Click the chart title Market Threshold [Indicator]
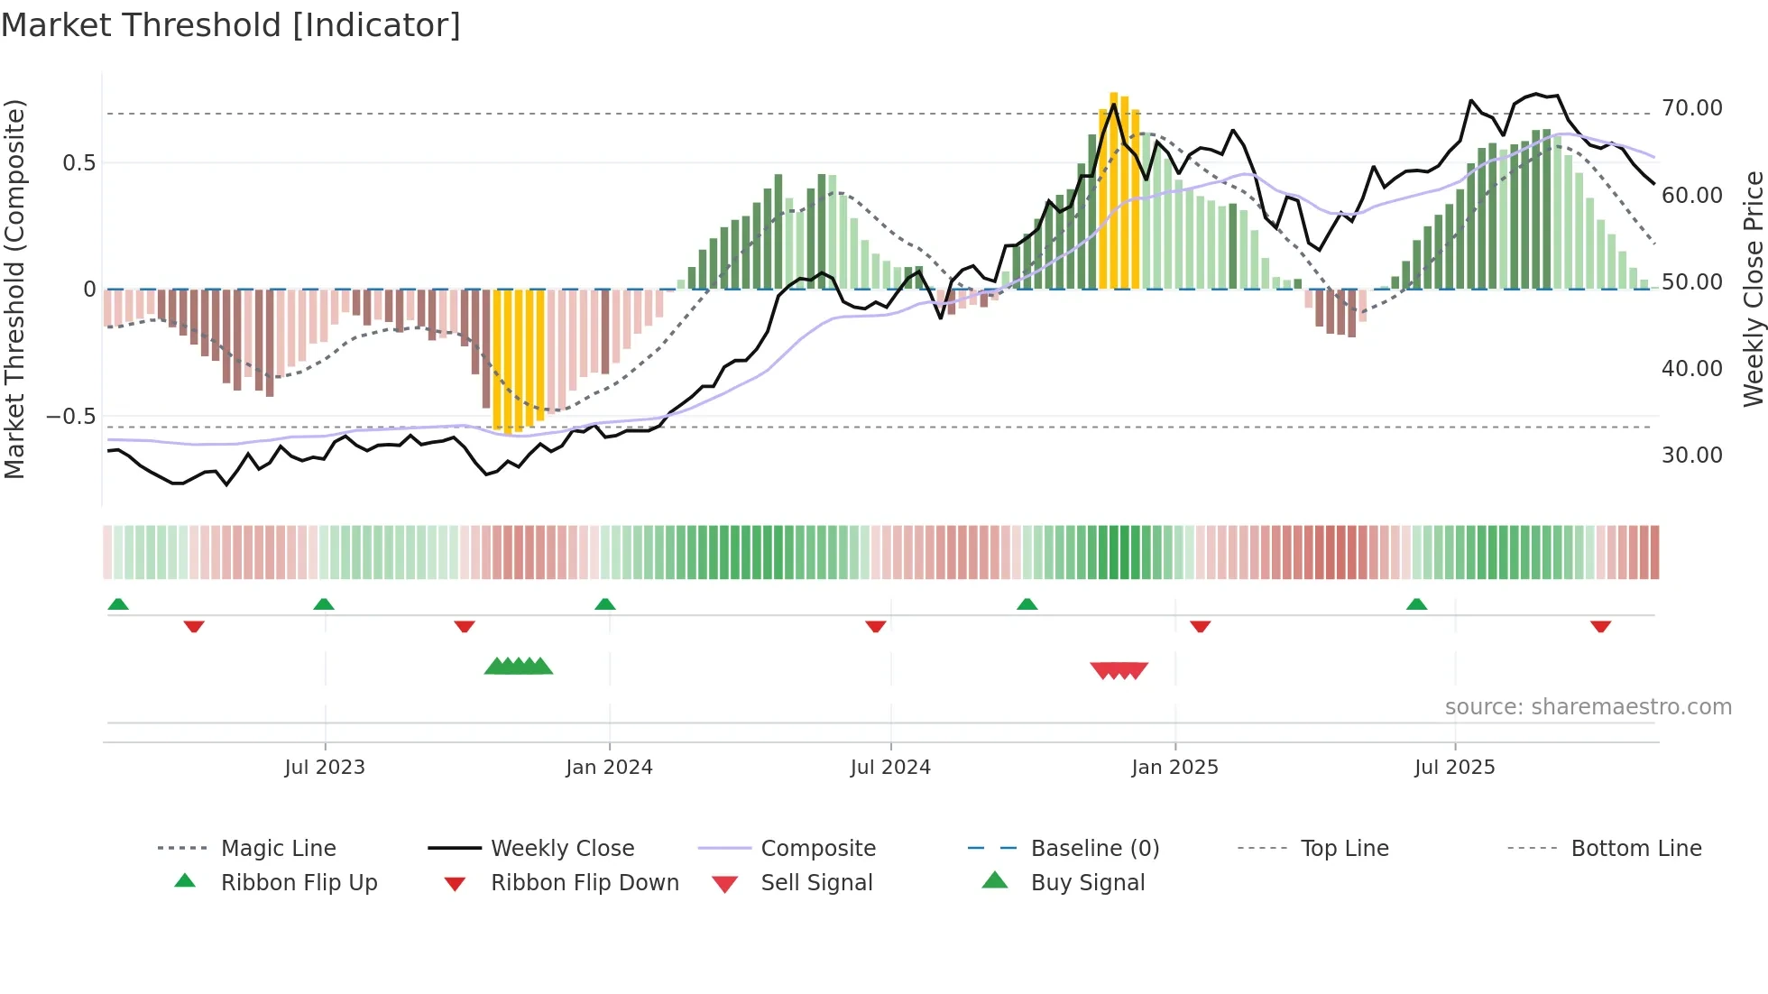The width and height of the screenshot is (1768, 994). [231, 25]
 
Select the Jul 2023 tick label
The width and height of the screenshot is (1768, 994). [325, 768]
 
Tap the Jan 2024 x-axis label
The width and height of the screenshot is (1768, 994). [609, 768]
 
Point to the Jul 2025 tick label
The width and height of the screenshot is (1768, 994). [1454, 768]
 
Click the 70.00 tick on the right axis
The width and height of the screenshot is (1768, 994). [1691, 108]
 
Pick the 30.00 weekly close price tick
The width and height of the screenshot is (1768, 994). [1691, 456]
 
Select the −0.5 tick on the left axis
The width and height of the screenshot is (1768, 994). [71, 417]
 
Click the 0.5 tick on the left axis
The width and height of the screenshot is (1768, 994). [78, 163]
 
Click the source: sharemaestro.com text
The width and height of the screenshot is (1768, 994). [1588, 707]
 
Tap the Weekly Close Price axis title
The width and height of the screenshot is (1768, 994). [1753, 289]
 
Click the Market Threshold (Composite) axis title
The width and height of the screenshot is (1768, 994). [14, 289]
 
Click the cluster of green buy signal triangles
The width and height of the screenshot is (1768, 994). [519, 667]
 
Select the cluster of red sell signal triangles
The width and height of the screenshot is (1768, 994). [1119, 670]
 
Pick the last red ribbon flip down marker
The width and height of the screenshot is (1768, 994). [1600, 626]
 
